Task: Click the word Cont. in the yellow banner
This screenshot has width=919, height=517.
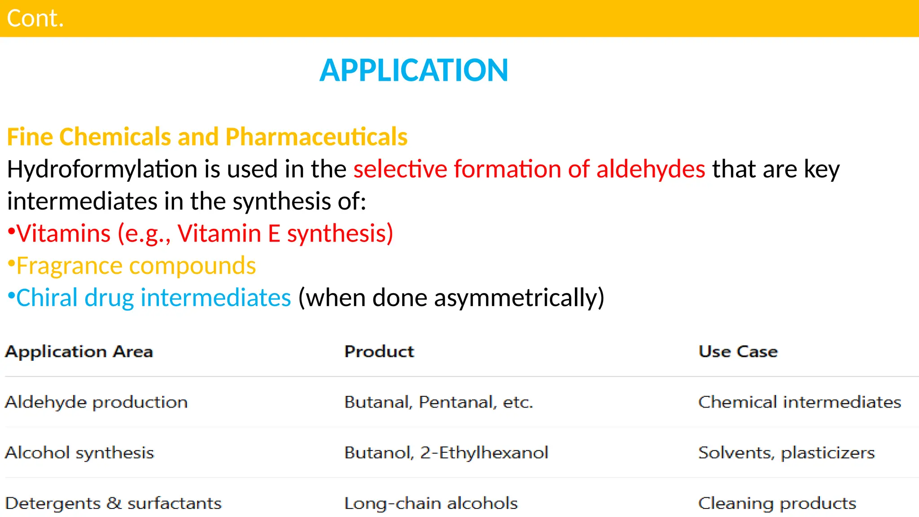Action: coord(35,19)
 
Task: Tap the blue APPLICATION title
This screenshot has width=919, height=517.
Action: coord(413,70)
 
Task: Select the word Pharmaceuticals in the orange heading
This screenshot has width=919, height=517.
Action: coord(316,137)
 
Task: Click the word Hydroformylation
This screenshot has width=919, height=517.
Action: coord(102,170)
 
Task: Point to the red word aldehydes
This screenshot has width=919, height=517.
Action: coord(651,169)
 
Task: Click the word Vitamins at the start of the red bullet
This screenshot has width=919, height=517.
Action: coord(63,234)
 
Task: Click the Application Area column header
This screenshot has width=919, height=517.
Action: coord(79,351)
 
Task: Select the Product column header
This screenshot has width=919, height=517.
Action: coord(379,351)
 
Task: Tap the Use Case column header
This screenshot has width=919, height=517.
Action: coord(738,351)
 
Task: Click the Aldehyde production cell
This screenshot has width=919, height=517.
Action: coord(96,402)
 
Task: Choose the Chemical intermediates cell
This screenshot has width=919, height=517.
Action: coord(800,402)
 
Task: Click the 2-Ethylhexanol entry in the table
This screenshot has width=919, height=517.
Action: coord(484,453)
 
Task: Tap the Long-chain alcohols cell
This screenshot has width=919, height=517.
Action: coord(431,504)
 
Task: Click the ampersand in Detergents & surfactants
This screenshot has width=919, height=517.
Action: coord(114,503)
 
